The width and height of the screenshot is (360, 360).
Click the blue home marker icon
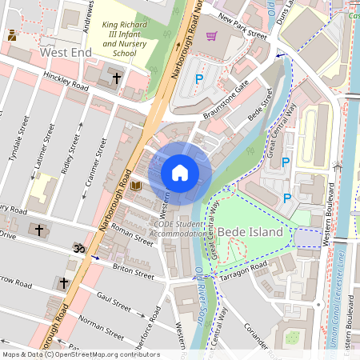180,173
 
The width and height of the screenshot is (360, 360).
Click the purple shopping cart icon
212,36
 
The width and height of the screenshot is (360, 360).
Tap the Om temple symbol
78,248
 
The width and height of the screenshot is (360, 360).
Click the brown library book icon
137,186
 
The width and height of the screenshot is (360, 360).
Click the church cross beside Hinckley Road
117,78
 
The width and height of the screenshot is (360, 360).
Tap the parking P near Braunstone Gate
199,79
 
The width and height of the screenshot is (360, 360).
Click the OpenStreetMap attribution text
81,354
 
